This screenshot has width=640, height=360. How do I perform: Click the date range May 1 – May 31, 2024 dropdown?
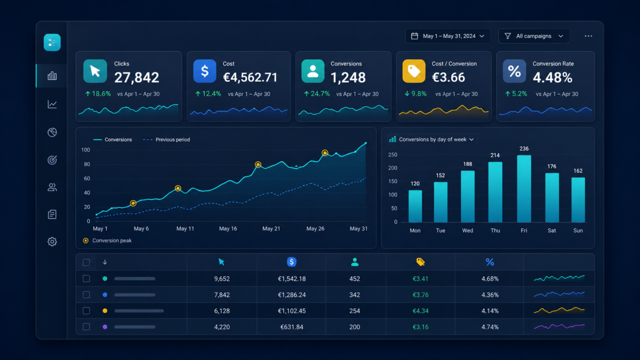(447, 36)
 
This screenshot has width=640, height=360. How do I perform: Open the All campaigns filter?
(534, 36)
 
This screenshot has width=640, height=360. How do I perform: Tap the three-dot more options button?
(588, 36)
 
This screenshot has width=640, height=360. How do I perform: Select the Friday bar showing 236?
(524, 189)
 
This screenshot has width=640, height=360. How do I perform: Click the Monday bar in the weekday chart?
(415, 206)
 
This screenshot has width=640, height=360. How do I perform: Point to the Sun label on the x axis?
(578, 230)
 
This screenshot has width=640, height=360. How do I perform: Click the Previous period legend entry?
(166, 140)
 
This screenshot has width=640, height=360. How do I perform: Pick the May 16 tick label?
(228, 229)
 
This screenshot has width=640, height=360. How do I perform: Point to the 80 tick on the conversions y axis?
(87, 164)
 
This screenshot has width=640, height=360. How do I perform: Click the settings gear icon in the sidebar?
(52, 242)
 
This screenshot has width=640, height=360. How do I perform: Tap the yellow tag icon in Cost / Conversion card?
(414, 71)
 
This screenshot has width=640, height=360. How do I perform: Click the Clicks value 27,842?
(137, 77)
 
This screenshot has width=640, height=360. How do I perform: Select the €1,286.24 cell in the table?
(292, 295)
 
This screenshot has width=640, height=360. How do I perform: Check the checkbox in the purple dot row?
(86, 327)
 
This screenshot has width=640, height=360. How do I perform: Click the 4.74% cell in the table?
(490, 327)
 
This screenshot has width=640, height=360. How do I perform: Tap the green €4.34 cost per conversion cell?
(421, 311)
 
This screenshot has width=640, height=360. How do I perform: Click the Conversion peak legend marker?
(85, 241)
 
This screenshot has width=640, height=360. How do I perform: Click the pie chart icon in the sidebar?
(52, 132)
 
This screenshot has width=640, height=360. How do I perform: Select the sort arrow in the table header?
(105, 262)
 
